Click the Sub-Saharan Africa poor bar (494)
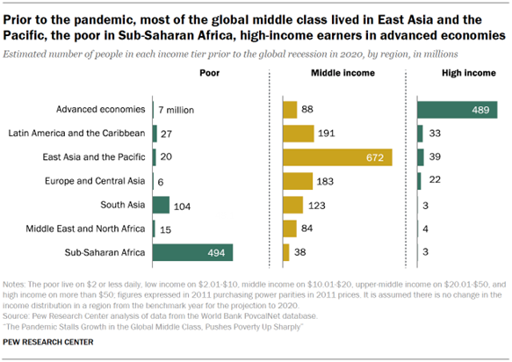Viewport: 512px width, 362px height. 191,252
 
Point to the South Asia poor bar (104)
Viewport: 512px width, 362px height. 161,205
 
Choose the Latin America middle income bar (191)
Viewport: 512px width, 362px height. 299,134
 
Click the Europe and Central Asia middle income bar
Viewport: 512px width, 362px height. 298,181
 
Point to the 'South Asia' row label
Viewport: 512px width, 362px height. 124,205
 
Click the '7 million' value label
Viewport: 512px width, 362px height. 176,110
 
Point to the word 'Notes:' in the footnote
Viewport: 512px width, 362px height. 16,286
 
